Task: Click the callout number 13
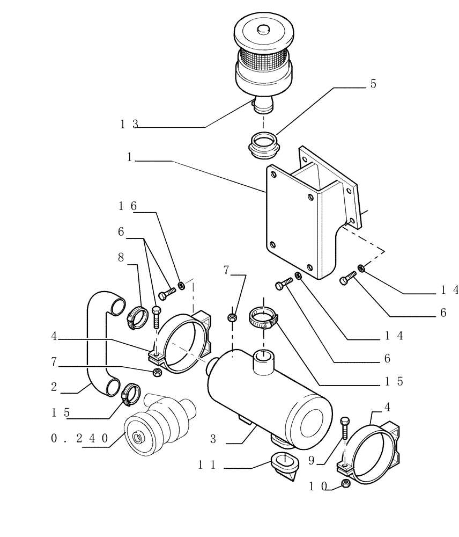point(129,124)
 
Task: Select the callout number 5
point(373,84)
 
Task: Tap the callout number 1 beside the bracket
point(130,158)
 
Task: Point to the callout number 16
point(123,206)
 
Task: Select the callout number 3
point(213,439)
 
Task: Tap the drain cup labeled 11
point(284,465)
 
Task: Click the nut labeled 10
point(346,485)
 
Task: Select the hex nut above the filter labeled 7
point(232,317)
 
